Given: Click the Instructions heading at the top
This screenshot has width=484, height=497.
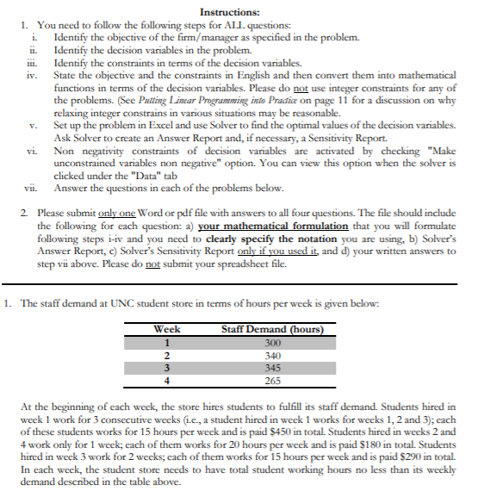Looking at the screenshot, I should (230, 12).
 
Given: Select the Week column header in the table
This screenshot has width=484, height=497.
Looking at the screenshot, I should (167, 329).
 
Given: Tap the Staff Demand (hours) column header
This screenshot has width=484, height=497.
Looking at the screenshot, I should (272, 329).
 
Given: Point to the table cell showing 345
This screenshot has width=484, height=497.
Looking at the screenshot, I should (272, 367).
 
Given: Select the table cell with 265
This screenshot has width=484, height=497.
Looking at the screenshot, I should (272, 380).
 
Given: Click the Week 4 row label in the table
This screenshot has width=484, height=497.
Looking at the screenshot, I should (167, 380).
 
